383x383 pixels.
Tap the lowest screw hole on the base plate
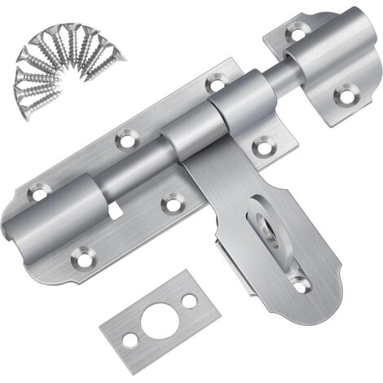tap(79, 261)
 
